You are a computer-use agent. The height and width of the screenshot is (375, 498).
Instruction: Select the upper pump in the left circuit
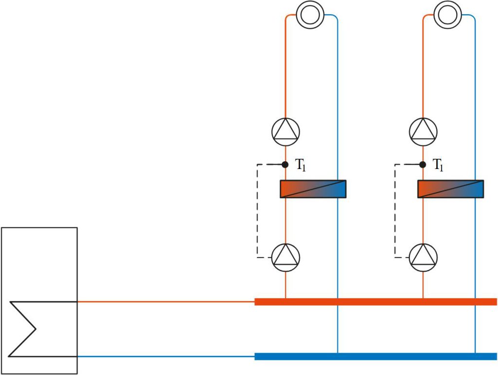click(285, 131)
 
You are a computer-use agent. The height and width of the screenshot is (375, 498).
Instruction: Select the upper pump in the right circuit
click(423, 131)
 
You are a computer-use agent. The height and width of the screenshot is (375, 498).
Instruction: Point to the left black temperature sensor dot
click(285, 164)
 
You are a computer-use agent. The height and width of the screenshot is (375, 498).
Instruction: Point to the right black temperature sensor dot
click(423, 164)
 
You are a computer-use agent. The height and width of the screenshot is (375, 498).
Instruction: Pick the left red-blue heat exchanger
click(313, 189)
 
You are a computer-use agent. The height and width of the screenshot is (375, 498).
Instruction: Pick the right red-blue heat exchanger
click(450, 189)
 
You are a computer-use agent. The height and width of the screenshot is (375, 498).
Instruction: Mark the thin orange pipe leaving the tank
click(165, 301)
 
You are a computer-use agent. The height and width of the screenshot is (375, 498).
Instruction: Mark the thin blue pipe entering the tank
click(165, 356)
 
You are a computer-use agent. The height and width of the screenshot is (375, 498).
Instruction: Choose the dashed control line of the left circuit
click(257, 209)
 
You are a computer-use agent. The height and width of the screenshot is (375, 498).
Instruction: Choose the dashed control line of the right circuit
click(395, 209)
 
